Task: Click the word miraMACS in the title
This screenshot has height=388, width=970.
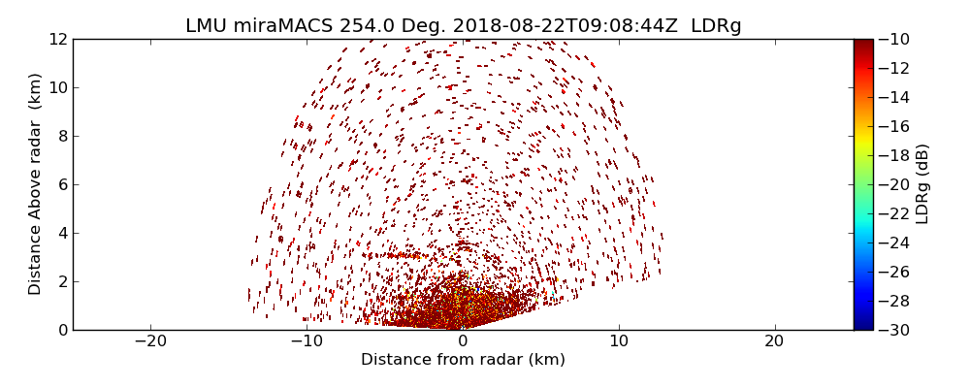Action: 284,26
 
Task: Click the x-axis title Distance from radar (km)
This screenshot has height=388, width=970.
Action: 463,360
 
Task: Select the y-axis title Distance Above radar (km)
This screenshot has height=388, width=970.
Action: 36,183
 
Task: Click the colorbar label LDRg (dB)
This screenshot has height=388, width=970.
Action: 922,183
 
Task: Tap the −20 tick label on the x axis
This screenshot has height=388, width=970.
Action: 150,341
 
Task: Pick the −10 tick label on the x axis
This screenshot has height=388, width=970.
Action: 307,341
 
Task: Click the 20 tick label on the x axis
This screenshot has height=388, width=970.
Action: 774,341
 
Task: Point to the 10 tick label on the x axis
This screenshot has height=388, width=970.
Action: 619,341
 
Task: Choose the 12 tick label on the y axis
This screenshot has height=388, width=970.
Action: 58,39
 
